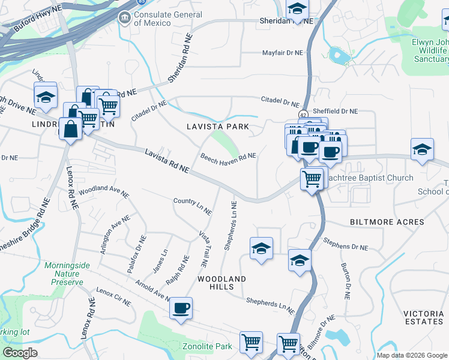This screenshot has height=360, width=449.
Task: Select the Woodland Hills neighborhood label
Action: [222, 283]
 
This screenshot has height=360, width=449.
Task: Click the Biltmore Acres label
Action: [387, 222]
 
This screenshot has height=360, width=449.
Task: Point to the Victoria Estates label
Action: [424, 317]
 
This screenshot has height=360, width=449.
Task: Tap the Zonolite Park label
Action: [206, 347]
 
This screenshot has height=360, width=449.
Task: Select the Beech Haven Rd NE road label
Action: [228, 158]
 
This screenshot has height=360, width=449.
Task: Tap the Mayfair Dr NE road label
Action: [282, 53]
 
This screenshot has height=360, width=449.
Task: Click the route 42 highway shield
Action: [304, 115]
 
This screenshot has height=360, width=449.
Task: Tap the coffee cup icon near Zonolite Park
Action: [181, 308]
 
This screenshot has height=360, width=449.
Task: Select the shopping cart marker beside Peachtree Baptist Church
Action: [312, 178]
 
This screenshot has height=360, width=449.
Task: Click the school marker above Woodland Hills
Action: [261, 248]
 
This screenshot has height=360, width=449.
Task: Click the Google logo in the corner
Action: [19, 353]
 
